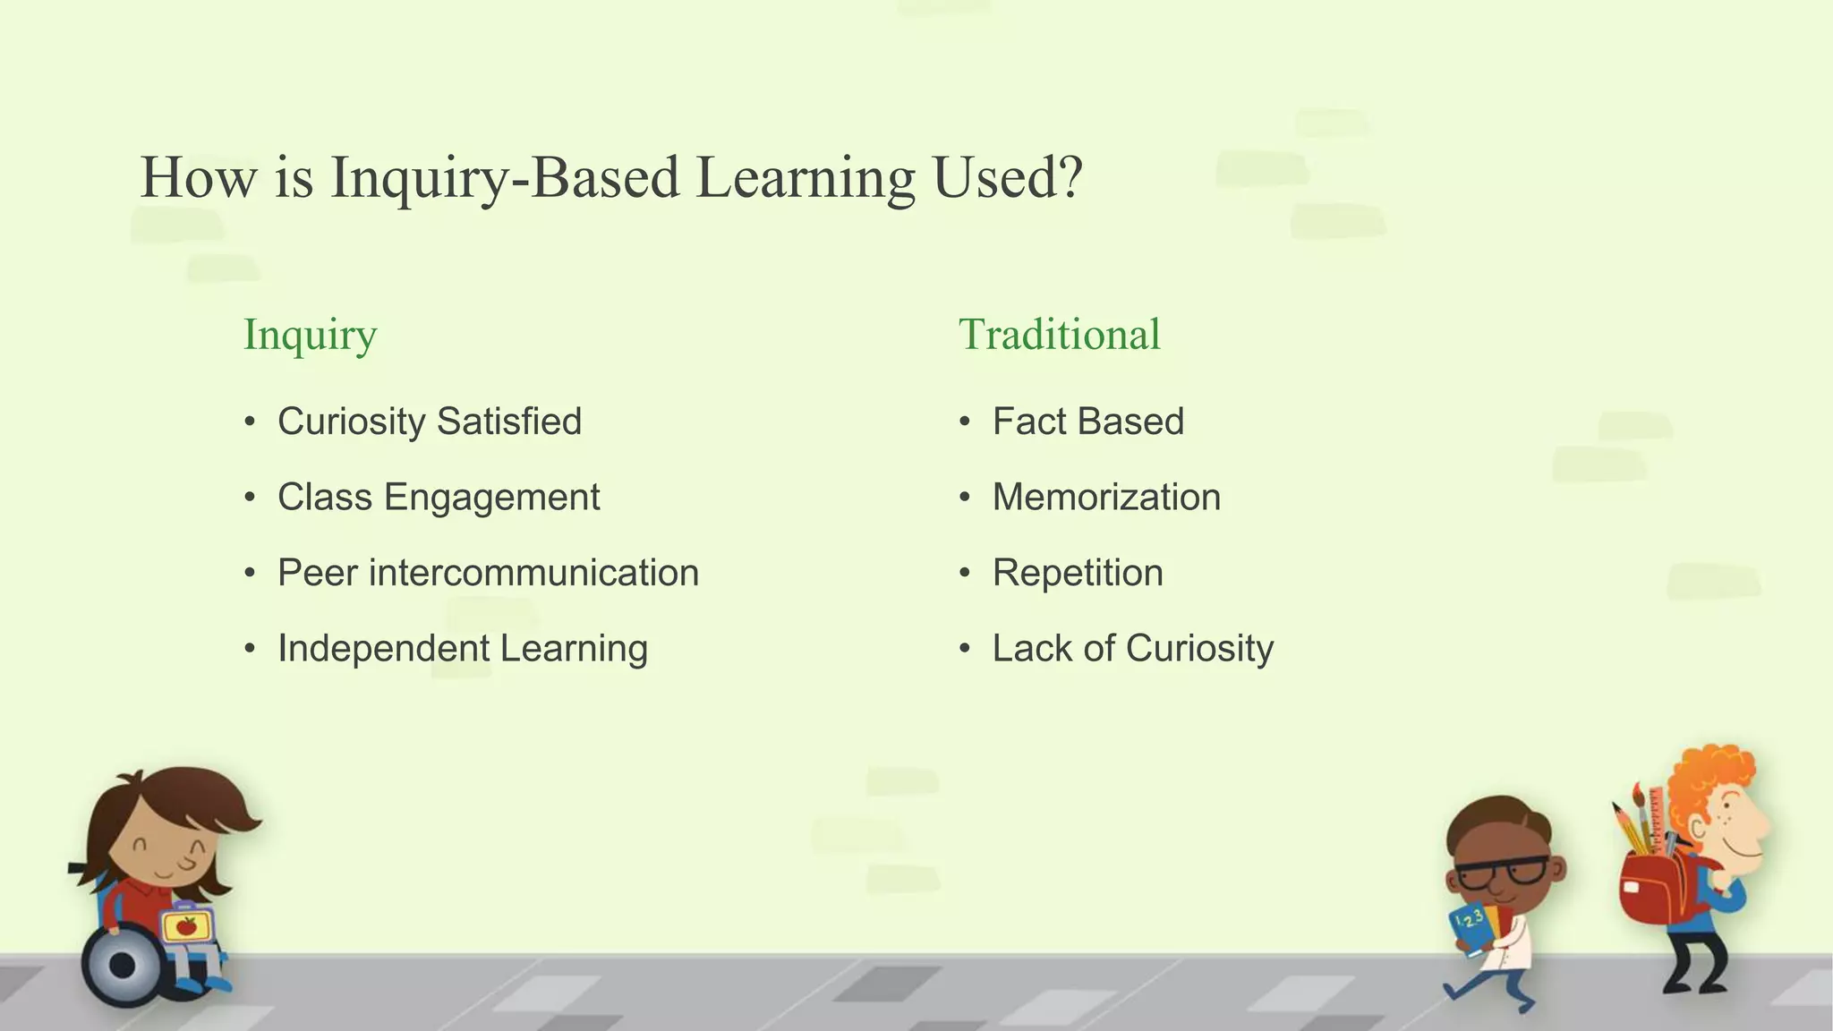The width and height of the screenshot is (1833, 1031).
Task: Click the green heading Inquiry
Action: pos(310,337)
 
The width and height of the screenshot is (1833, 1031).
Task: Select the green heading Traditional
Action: pos(1059,335)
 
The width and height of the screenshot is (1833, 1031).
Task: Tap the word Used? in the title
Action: pos(1007,177)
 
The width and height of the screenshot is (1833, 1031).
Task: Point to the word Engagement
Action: pos(491,498)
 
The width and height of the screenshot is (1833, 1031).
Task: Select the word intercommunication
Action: pos(533,573)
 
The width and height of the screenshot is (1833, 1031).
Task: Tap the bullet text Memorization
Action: pos(1106,498)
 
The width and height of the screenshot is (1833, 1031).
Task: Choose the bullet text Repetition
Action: pos(1078,573)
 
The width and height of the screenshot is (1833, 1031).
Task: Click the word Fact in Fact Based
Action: pos(1029,422)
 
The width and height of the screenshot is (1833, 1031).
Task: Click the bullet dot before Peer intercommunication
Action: pos(250,574)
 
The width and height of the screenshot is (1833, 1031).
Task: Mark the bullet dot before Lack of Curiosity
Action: pos(964,649)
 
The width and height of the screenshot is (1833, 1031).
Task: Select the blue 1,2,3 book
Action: pos(1469,929)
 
